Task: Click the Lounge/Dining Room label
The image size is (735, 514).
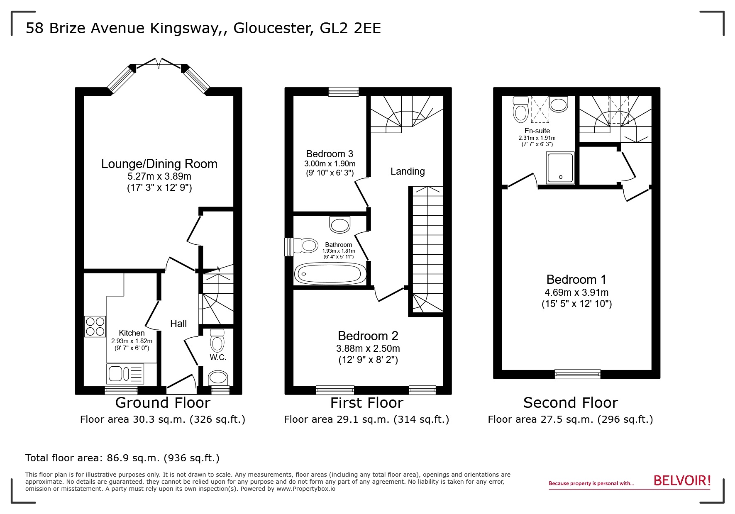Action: pos(159,164)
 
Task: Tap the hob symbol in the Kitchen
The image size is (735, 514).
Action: pos(95,326)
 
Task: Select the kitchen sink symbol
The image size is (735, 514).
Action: pos(126,374)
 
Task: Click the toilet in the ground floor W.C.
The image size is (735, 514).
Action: pos(217,341)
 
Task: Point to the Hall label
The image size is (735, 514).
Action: pos(178,324)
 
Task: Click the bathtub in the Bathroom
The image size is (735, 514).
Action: pos(330,274)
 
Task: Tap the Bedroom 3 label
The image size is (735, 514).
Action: pos(330,154)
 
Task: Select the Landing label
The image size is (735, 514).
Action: pos(408,171)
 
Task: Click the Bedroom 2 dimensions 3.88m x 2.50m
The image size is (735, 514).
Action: pos(368,348)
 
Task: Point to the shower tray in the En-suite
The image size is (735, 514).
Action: pos(560,168)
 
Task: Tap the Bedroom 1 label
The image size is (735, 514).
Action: pos(576,279)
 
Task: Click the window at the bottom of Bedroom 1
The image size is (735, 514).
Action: pos(577,374)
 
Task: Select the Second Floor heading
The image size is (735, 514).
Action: pos(570,403)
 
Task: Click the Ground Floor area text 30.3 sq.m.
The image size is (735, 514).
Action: pos(163,419)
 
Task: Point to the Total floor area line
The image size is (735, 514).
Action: pos(122,458)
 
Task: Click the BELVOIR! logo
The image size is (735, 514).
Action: pos(682,481)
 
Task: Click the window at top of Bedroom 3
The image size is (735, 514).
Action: pos(343,92)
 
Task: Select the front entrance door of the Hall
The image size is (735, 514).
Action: pos(181,386)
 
